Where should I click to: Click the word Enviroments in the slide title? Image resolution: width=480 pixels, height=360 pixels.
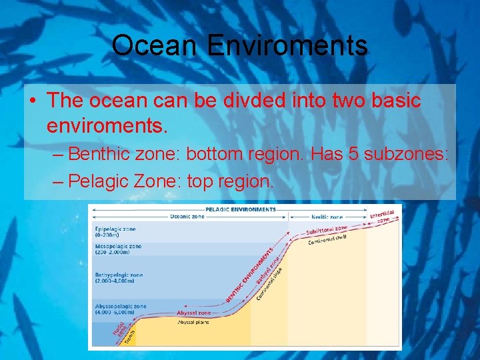(287, 45)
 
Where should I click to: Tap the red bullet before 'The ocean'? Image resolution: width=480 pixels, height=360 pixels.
(33, 101)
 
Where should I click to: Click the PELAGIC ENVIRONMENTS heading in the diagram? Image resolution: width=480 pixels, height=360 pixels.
(231, 209)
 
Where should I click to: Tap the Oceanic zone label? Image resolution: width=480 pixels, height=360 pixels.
(187, 217)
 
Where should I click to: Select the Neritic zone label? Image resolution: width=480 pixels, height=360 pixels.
(327, 217)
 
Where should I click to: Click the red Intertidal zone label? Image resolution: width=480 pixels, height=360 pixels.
(383, 216)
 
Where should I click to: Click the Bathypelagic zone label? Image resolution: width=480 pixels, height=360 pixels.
(118, 277)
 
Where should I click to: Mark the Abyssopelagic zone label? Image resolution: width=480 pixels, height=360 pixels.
(120, 309)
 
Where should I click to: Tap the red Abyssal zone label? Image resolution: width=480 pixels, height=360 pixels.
(194, 313)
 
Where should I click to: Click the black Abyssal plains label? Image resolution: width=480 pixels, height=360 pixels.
(194, 322)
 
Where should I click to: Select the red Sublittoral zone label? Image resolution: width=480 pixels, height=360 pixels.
(327, 231)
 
